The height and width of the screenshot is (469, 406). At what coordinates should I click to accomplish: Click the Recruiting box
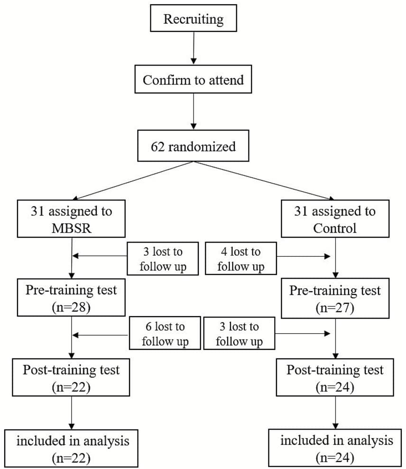[x=193, y=19]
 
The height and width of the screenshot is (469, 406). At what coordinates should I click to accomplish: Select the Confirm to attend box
[x=193, y=80]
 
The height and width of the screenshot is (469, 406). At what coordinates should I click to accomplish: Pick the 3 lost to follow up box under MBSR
[x=163, y=259]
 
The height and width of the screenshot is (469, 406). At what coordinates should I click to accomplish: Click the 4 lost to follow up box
[x=240, y=259]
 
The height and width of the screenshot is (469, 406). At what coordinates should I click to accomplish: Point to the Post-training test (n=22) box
[x=71, y=377]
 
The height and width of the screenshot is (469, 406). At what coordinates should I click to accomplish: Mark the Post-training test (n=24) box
[x=335, y=377]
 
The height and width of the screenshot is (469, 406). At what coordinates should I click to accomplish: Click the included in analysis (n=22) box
[x=71, y=448]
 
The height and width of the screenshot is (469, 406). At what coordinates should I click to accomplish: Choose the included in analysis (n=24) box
[x=337, y=448]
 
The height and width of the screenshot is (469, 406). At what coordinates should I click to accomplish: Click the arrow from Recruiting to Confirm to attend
[x=194, y=47]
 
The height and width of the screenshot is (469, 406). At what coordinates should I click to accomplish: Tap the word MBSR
[x=71, y=228]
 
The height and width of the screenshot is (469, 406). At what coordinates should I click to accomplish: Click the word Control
[x=335, y=228]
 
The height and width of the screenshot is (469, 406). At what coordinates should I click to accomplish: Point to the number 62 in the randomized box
[x=158, y=146]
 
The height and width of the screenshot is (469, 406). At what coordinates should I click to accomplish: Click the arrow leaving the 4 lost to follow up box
[x=304, y=256]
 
